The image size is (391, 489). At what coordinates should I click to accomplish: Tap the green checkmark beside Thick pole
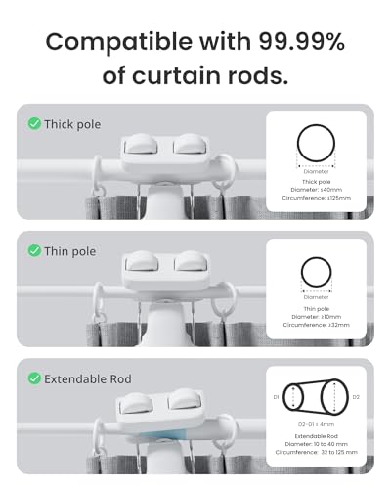point(33,124)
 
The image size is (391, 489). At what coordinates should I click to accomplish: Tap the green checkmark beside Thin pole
point(33,251)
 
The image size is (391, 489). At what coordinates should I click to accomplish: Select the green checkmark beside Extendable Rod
point(33,378)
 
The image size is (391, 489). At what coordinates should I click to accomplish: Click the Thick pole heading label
point(72,124)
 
